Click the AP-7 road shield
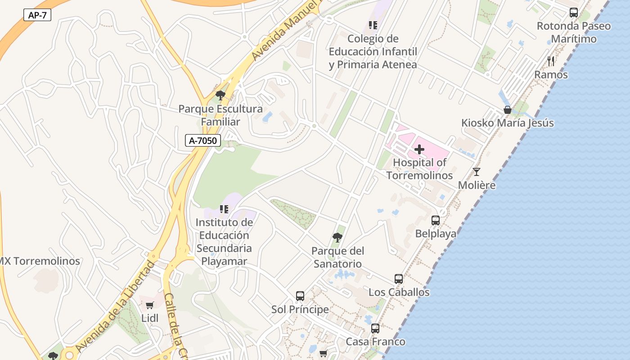coord(37,15)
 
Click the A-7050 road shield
coord(202,140)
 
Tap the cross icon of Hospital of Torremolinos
coord(419,149)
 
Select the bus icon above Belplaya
coord(436,220)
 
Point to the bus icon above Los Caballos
coord(399,279)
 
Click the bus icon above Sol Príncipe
coord(300,296)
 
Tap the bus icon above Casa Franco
coord(375,328)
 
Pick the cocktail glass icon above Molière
coord(477,172)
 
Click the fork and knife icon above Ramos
coord(551,61)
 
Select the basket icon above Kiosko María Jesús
coord(508,110)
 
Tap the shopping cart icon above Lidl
coord(150,305)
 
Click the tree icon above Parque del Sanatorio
coord(337,238)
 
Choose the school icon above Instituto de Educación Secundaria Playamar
coord(224,209)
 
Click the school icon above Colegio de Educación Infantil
coord(373,25)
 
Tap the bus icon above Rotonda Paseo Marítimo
coord(574,13)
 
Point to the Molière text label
coord(477,185)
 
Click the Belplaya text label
coord(436,234)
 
